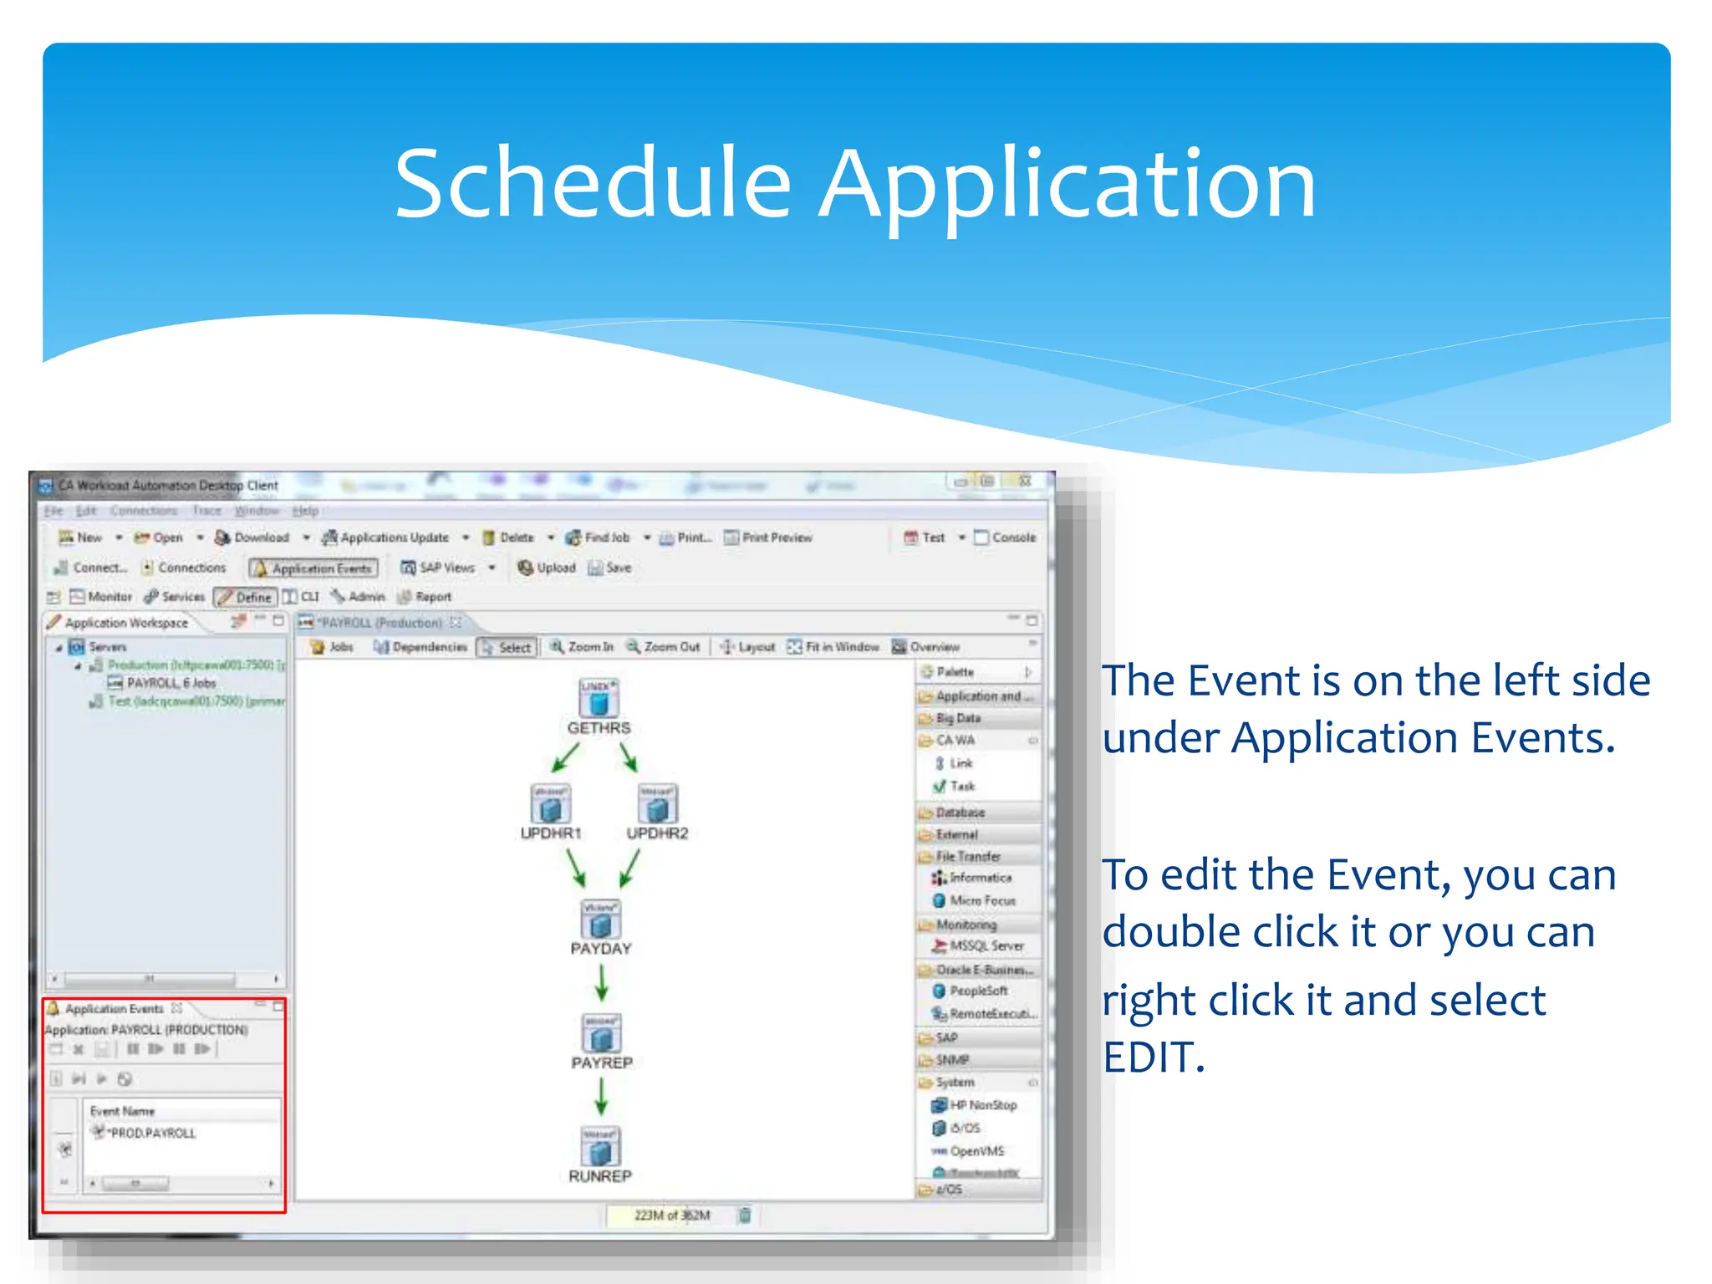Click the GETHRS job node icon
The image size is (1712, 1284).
click(x=599, y=699)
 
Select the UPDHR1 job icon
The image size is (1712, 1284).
click(x=550, y=804)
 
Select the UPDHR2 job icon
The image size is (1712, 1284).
click(x=657, y=804)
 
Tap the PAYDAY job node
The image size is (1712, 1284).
click(x=600, y=920)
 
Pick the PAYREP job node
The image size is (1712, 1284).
click(x=601, y=1034)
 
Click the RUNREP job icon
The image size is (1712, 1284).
click(x=600, y=1147)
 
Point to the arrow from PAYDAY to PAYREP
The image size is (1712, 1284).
click(x=601, y=983)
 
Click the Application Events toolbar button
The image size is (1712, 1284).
click(x=313, y=568)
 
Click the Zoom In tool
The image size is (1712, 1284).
click(x=582, y=647)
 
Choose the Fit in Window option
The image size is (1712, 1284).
click(x=833, y=647)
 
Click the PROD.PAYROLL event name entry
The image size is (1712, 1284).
click(x=152, y=1134)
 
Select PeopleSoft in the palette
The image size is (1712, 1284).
click(x=977, y=991)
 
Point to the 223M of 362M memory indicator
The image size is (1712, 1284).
click(x=671, y=1215)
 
